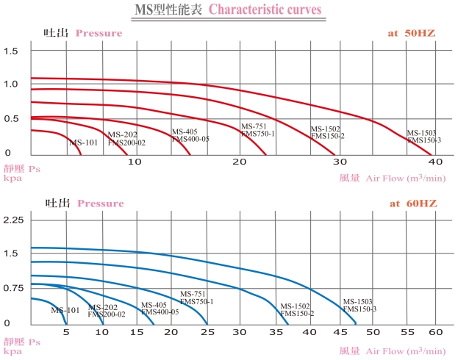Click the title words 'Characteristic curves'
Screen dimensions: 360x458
264,9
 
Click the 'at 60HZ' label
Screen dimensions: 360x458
414,203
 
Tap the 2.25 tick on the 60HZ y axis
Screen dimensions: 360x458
15,220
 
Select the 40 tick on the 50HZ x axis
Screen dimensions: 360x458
435,161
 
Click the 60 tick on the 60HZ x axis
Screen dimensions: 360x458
435,331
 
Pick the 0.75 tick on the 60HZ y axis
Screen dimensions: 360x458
15,289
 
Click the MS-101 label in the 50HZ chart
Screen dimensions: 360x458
83,142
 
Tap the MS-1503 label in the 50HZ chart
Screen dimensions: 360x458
422,133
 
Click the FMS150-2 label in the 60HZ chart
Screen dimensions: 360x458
297,314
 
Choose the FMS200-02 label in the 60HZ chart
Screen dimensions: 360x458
107,314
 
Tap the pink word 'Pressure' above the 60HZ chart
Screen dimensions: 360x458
101,203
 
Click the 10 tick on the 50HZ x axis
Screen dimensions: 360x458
135,161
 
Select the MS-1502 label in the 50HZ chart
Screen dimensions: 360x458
326,129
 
